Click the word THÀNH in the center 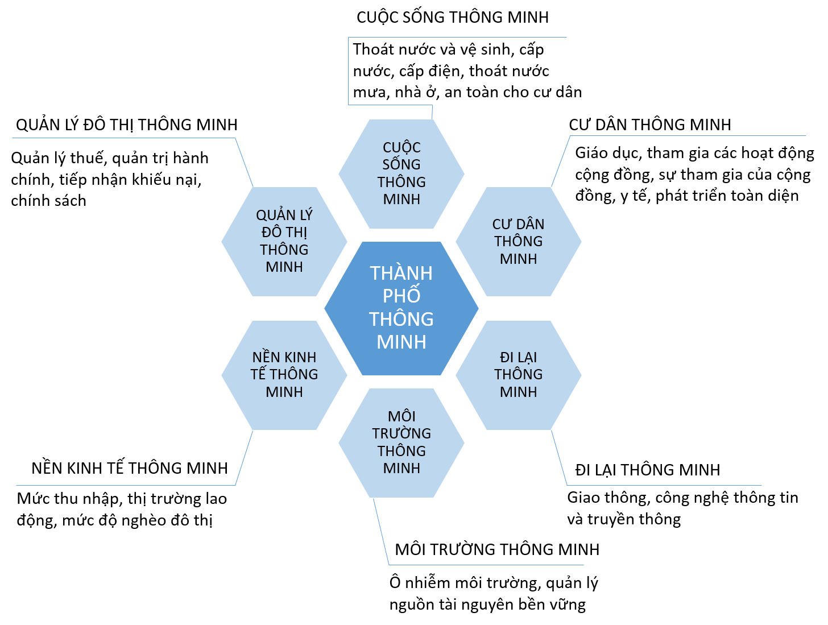click(401, 274)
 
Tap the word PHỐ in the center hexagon click(401, 295)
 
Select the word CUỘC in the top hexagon click(401, 148)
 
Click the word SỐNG click(401, 164)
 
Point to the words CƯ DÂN click(519, 224)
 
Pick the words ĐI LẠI click(519, 357)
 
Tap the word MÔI click(401, 416)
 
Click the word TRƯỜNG click(401, 433)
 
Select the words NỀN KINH click(284, 357)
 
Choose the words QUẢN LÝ click(284, 215)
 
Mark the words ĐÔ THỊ click(284, 232)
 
